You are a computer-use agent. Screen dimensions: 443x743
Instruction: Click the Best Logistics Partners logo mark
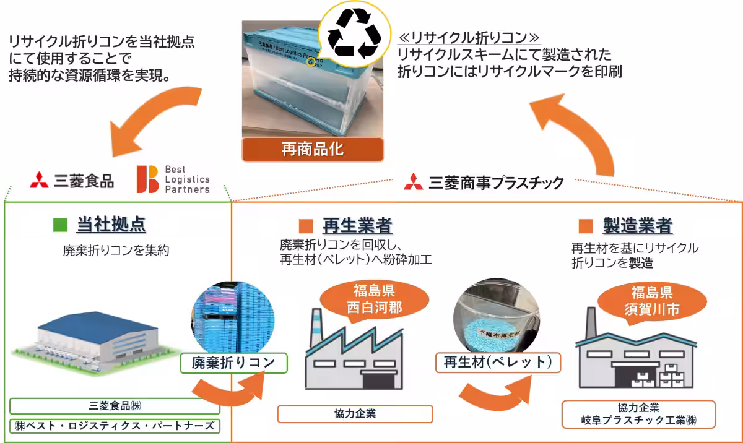coord(147,179)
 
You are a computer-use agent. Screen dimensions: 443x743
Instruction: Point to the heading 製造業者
coord(638,225)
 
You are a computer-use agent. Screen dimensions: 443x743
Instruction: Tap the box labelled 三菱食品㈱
coord(115,406)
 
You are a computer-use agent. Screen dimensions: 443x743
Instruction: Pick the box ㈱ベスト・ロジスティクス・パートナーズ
coord(115,426)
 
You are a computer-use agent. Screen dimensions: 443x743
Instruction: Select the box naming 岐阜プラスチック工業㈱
coord(638,415)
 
